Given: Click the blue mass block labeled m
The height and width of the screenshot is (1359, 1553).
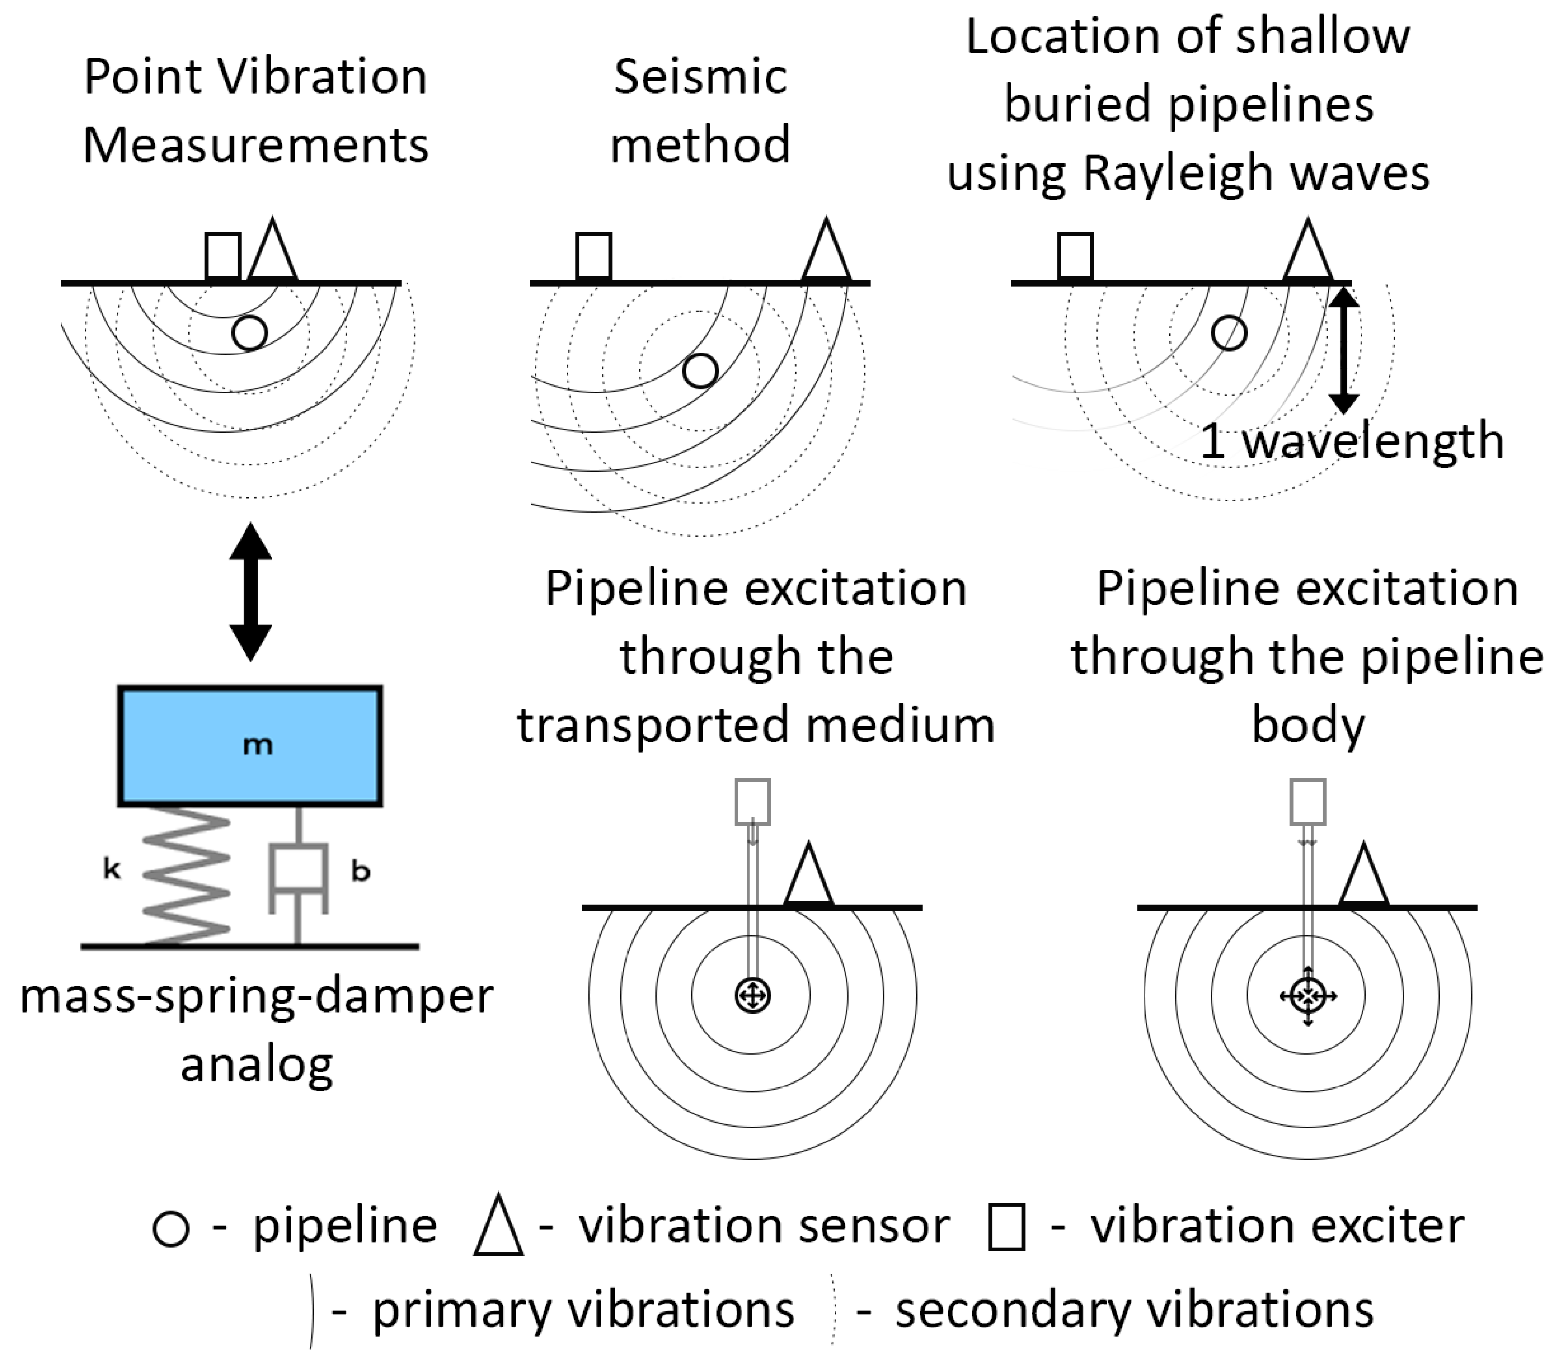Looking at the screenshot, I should [250, 745].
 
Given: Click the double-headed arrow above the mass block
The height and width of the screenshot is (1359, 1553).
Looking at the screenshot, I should [250, 592].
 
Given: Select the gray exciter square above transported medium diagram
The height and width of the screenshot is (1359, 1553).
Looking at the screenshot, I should [752, 802].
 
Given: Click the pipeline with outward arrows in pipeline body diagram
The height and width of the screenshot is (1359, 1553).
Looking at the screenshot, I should [1308, 996].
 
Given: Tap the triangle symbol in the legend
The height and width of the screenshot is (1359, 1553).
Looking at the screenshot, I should [498, 1227].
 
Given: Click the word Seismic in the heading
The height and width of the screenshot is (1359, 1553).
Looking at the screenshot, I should [700, 78].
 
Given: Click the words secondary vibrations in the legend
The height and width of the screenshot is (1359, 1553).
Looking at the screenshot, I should [1134, 1310].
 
